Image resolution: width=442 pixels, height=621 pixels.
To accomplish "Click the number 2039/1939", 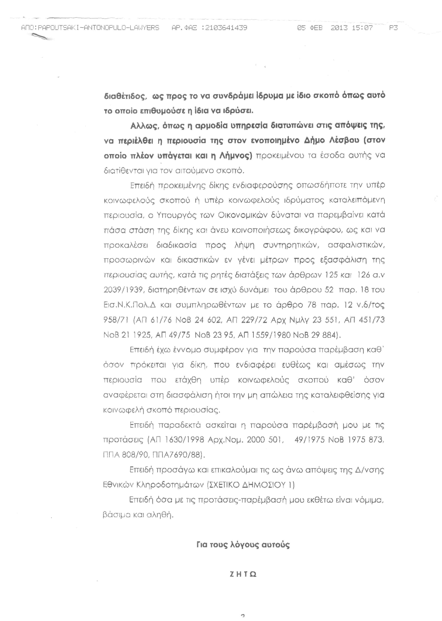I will tap(123, 290).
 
